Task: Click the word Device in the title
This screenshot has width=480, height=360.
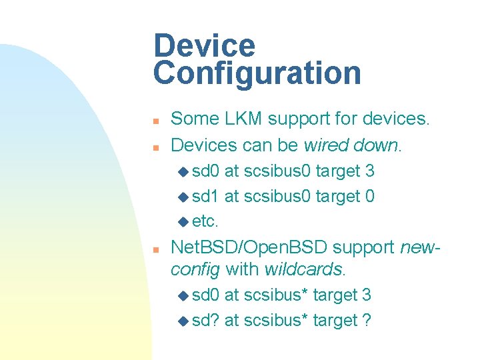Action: click(204, 46)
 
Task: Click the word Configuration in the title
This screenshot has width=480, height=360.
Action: click(257, 73)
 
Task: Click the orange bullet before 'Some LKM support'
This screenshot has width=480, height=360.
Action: click(154, 121)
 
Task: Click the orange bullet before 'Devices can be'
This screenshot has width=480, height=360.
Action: click(154, 146)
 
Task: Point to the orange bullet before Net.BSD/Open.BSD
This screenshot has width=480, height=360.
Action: click(154, 249)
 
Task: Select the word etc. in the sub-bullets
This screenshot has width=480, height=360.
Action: click(205, 221)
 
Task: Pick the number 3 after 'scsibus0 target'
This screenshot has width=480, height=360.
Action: click(369, 171)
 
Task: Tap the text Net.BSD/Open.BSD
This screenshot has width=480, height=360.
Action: click(249, 247)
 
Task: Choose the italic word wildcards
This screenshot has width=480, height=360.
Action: click(304, 269)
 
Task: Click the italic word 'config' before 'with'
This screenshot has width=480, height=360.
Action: click(196, 269)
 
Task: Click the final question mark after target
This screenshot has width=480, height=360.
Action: click(367, 321)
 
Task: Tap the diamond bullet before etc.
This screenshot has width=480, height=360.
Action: click(183, 222)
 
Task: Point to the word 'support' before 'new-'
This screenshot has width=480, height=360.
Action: click(364, 247)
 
